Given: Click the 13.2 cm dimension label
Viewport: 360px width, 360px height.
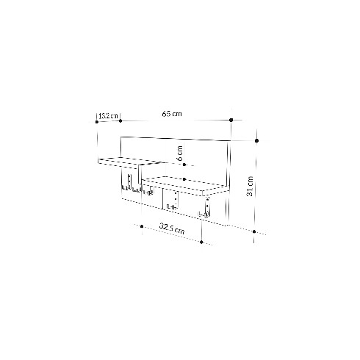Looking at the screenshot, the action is tap(108, 116).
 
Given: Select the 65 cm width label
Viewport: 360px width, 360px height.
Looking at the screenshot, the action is tap(172, 114).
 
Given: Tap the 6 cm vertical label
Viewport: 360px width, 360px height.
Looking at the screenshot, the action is tap(180, 153).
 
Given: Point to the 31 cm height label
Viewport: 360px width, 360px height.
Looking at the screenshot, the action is tap(250, 186).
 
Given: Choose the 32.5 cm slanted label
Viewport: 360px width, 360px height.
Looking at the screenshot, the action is tap(172, 228).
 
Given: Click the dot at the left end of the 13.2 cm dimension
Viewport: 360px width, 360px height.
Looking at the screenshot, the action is tap(97, 122).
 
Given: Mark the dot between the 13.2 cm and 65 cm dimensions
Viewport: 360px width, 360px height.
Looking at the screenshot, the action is tap(120, 121).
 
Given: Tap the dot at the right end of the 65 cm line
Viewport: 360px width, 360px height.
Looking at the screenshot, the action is tap(231, 120).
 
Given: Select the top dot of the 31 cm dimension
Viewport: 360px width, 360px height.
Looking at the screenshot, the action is tap(256, 141).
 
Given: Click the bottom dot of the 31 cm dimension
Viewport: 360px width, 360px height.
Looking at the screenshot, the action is tap(254, 231).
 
